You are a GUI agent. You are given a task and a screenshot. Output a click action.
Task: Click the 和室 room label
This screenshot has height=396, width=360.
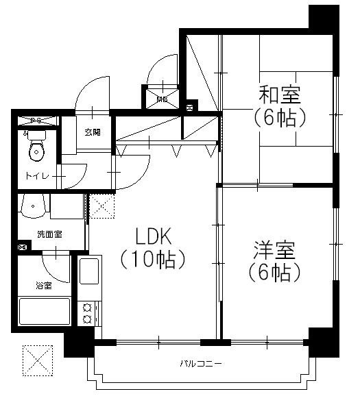pyautogui.click(x=280, y=95)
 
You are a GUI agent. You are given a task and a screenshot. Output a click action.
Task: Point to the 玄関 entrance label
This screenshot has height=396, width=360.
pyautogui.click(x=93, y=132)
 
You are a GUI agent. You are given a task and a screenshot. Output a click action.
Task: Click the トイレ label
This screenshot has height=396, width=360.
pyautogui.click(x=37, y=176)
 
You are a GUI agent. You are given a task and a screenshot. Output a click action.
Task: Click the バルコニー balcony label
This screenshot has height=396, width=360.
pyautogui.click(x=201, y=362)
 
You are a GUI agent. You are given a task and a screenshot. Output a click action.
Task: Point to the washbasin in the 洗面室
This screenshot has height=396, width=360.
pyautogui.click(x=33, y=204)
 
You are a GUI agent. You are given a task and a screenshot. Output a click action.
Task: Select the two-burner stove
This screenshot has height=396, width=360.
pyautogui.click(x=88, y=313)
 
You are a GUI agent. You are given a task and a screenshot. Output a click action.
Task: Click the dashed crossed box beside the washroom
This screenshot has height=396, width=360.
pyautogui.click(x=101, y=205)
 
